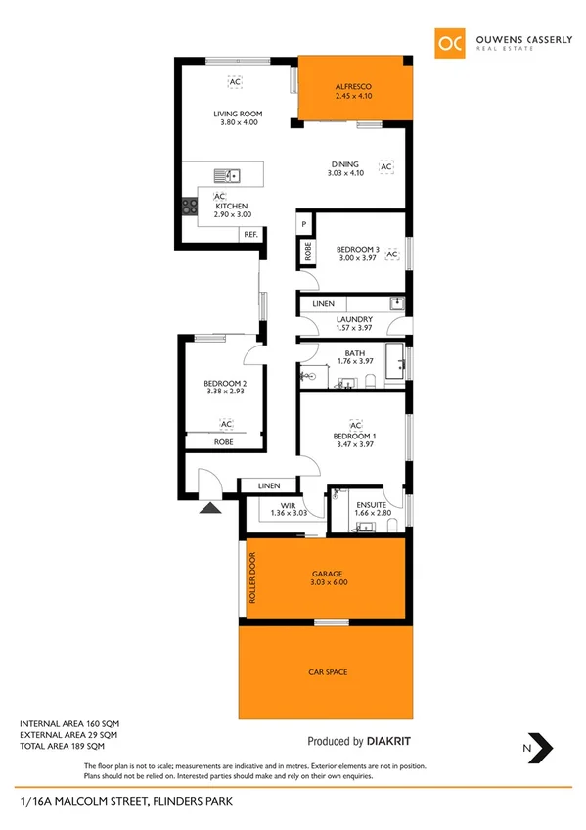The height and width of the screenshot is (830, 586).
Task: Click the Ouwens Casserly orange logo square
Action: click(451, 43)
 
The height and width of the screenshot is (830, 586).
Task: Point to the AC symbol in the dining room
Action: click(385, 167)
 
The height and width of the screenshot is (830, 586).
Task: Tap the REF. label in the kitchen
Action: click(250, 234)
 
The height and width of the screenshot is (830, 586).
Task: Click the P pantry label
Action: click(304, 224)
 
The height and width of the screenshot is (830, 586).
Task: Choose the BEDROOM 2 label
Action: click(223, 383)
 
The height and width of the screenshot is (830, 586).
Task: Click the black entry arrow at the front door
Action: click(208, 508)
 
